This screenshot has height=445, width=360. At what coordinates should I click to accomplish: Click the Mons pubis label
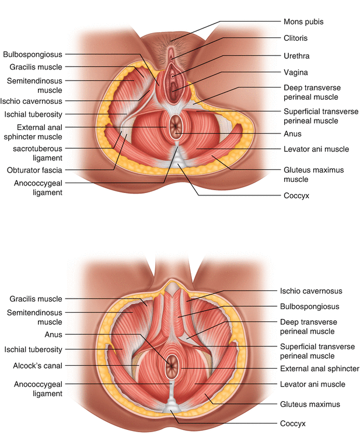pyautogui.click(x=303, y=22)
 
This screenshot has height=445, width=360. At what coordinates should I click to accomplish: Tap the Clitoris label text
pyautogui.click(x=296, y=38)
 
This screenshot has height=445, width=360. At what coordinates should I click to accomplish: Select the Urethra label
pyautogui.click(x=296, y=56)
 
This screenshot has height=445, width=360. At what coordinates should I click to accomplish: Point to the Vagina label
pyautogui.click(x=296, y=72)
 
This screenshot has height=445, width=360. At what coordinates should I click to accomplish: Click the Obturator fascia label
pyautogui.click(x=34, y=170)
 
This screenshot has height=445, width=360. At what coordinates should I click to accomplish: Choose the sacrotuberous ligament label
pyautogui.click(x=37, y=153)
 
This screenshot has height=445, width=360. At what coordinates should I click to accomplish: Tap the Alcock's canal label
pyautogui.click(x=37, y=366)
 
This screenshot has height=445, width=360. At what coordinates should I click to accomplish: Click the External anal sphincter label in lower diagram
pyautogui.click(x=320, y=369)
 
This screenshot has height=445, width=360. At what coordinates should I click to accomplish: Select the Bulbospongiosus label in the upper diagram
pyautogui.click(x=32, y=54)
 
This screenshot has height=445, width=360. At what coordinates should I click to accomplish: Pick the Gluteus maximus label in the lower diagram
pyautogui.click(x=310, y=404)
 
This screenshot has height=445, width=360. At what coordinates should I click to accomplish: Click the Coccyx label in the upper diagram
pyautogui.click(x=296, y=195)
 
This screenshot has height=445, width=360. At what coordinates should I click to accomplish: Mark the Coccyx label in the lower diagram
pyautogui.click(x=293, y=423)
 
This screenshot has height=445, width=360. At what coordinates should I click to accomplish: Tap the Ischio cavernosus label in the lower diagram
pyautogui.click(x=311, y=291)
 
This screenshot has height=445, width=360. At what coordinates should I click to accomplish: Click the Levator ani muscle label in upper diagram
pyautogui.click(x=316, y=149)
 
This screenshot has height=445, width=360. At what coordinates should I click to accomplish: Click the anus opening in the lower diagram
pyautogui.click(x=172, y=366)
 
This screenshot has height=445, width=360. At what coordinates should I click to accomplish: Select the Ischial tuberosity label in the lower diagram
pyautogui.click(x=33, y=349)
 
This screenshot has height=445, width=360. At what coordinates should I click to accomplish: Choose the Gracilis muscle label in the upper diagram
pyautogui.click(x=36, y=67)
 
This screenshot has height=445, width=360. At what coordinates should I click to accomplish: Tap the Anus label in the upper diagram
pyautogui.click(x=292, y=134)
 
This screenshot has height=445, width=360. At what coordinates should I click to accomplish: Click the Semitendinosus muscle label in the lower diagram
pyautogui.click(x=34, y=317)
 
